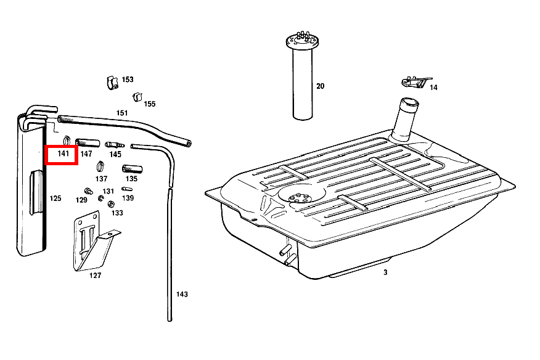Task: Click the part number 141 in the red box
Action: click(x=63, y=153)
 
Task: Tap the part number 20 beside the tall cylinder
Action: click(x=321, y=86)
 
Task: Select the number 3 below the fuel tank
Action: click(x=385, y=272)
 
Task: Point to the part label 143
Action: click(x=182, y=294)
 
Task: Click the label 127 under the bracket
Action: click(x=96, y=276)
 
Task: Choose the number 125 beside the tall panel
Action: click(x=55, y=198)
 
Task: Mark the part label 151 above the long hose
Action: click(x=122, y=113)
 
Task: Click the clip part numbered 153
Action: click(x=113, y=83)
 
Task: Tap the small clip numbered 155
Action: click(x=137, y=97)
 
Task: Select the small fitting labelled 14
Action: click(x=416, y=83)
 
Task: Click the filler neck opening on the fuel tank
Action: click(x=410, y=102)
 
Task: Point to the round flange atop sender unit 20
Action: click(x=302, y=42)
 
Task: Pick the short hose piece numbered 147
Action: click(x=88, y=142)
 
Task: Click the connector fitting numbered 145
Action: click(x=115, y=145)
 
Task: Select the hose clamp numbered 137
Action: click(x=100, y=166)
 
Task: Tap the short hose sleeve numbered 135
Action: click(x=133, y=169)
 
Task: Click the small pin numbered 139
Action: click(x=127, y=189)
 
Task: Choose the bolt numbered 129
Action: click(x=89, y=191)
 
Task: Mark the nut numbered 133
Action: click(x=111, y=204)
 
